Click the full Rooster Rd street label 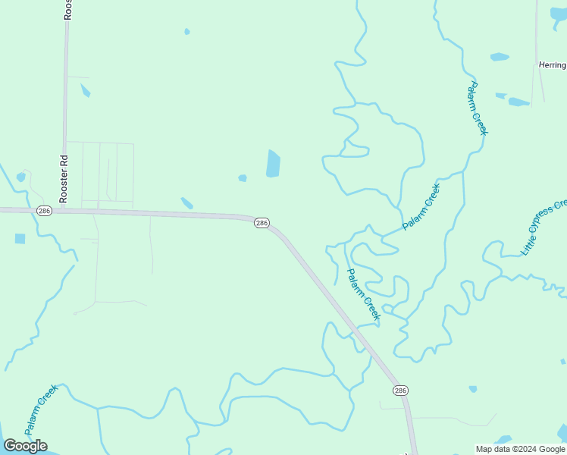[64, 179]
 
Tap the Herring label [552, 65]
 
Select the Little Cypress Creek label [544, 227]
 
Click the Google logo [25, 445]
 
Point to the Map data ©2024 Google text [520, 449]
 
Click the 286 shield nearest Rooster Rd [44, 211]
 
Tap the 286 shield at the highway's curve [262, 223]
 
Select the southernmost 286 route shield [400, 390]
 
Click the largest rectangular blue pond [273, 163]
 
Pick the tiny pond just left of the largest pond [243, 178]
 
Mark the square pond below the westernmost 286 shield [20, 239]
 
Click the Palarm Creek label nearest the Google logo [41, 409]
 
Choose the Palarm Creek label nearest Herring [478, 108]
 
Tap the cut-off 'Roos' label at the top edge [68, 9]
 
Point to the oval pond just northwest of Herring [500, 57]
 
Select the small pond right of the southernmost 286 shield [473, 389]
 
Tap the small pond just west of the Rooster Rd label [20, 177]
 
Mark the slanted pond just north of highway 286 [186, 203]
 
